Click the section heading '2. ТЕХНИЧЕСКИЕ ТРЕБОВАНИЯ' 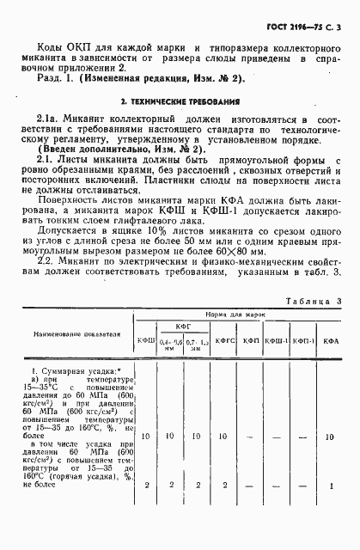pos(180,101)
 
